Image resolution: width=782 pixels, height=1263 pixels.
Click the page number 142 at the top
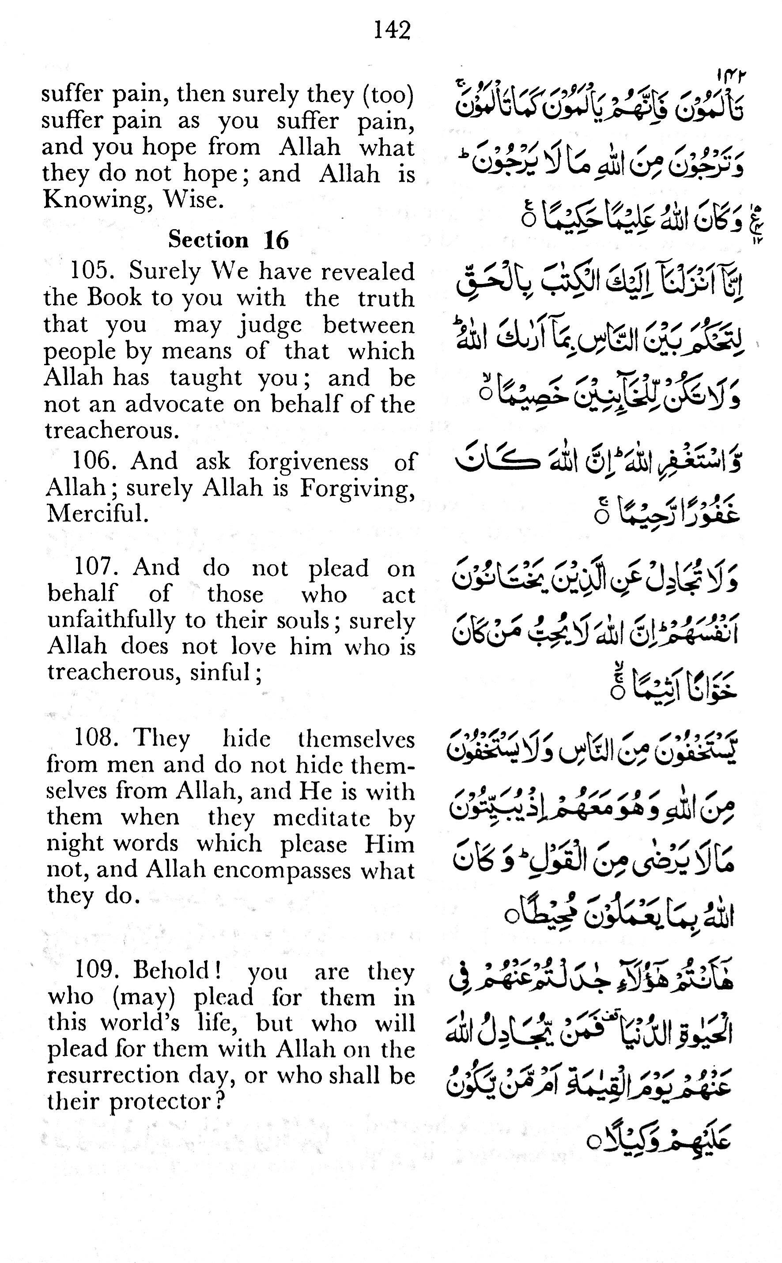[x=392, y=30]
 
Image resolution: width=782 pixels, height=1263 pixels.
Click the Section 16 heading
[x=228, y=240]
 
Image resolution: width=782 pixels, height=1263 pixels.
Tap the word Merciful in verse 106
[x=97, y=514]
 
